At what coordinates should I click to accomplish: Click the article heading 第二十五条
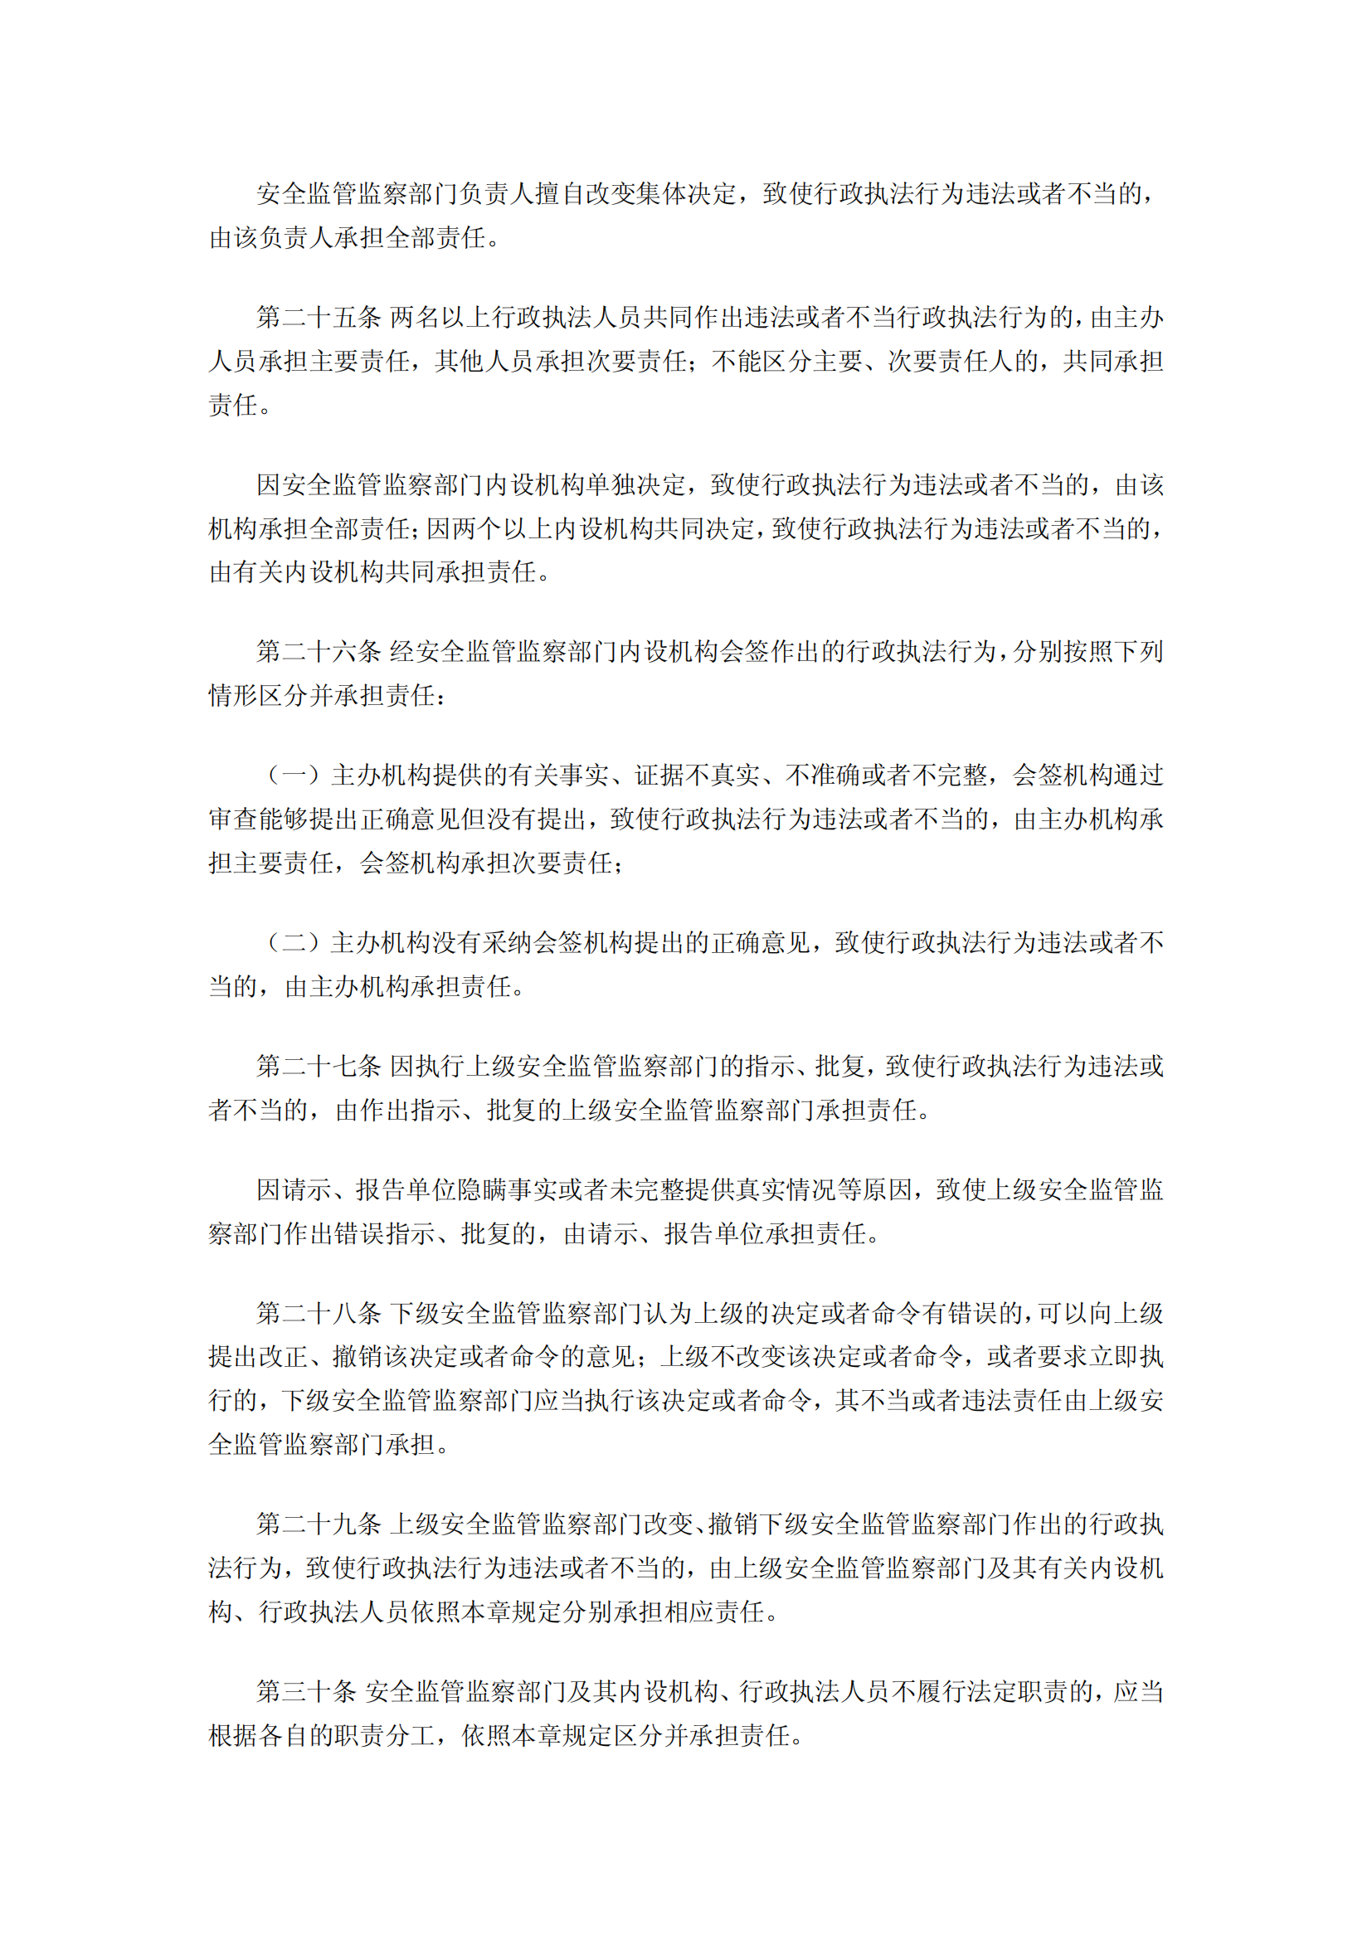tap(319, 318)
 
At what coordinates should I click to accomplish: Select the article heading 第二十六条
tap(319, 651)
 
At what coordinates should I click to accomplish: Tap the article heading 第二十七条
tap(319, 1067)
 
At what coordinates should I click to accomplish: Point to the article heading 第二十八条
tap(319, 1314)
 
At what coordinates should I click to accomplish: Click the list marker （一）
tap(293, 776)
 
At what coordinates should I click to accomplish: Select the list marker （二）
tap(293, 943)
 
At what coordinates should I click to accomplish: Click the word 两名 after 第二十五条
tap(414, 318)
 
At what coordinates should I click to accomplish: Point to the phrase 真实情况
tap(786, 1190)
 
